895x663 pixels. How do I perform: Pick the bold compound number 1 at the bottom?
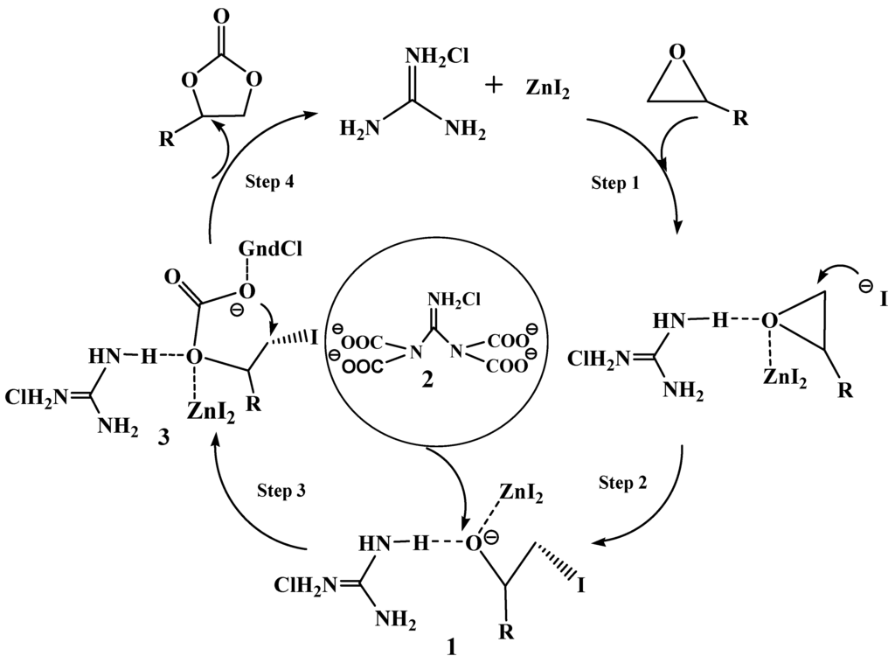pos(450,648)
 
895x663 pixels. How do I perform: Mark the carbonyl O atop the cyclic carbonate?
pos(216,15)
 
